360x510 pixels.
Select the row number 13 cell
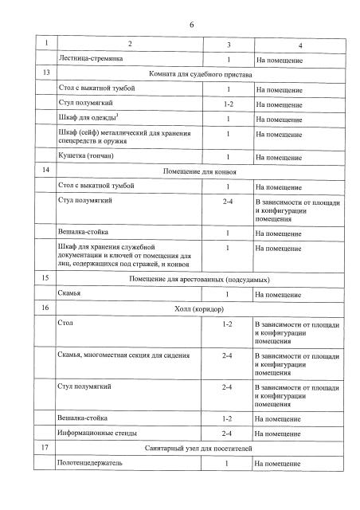pos(47,73)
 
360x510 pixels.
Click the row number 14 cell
pos(47,171)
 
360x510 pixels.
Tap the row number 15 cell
pos(47,279)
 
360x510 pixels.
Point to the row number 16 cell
pos(47,308)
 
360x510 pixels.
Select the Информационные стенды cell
pos(97,433)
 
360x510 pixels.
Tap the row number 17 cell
pos(47,448)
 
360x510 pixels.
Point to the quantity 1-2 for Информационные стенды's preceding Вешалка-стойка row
pos(227,418)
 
